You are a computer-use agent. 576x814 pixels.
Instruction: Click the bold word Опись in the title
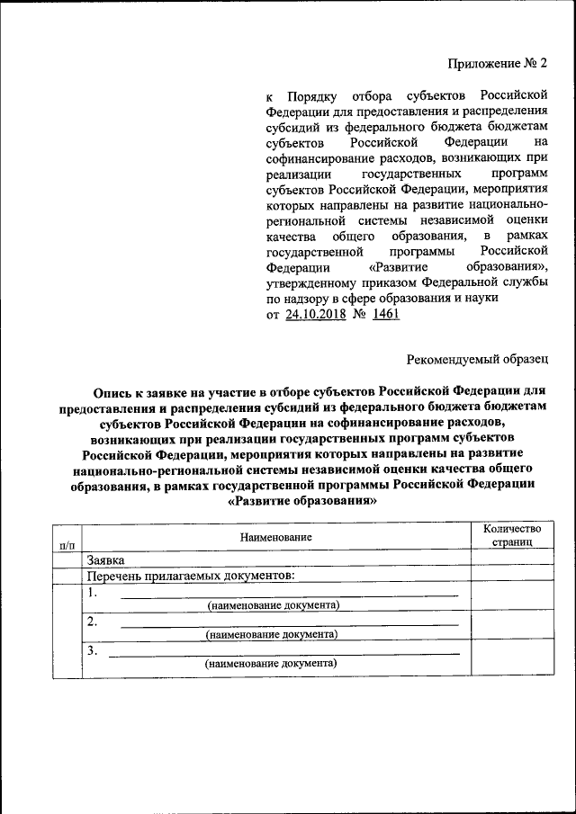112,391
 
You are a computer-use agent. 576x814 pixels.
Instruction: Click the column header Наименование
275,537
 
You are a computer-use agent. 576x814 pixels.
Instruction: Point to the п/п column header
67,544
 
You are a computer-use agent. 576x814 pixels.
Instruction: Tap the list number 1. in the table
93,592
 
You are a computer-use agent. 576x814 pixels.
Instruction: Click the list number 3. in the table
92,650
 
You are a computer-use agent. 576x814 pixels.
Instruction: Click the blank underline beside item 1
288,595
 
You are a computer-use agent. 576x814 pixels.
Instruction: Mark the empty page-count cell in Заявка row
510,559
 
